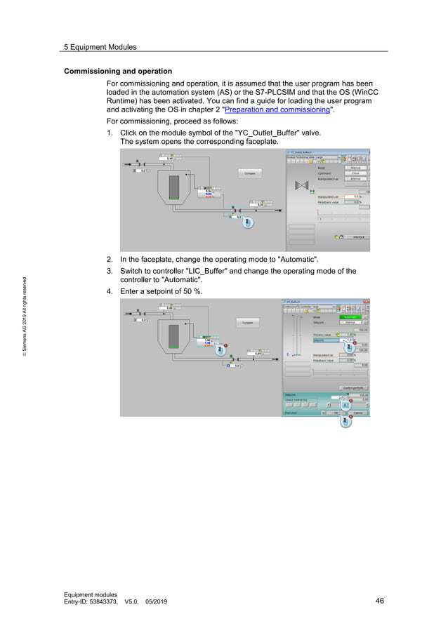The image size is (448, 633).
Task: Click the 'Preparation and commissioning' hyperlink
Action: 277,110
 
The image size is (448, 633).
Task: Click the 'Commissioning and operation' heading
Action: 118,72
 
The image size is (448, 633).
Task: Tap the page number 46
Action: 380,601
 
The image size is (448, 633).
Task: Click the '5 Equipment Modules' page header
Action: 100,47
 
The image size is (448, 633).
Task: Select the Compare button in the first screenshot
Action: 249,173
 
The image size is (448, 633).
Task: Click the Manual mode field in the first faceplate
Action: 355,168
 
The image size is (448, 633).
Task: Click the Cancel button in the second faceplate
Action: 358,413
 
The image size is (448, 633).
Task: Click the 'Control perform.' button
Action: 353,388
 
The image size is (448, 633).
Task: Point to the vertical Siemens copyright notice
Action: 25,316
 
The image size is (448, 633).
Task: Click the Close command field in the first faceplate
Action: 355,173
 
